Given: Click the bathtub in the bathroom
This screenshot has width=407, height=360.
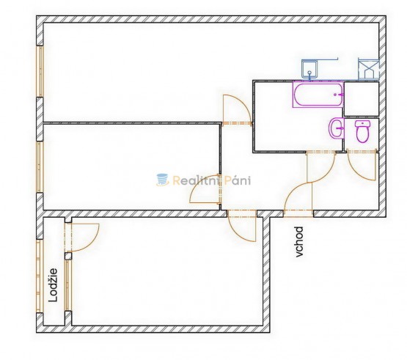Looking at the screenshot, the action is [318, 95].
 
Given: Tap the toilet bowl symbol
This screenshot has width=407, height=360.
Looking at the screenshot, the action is [362, 131].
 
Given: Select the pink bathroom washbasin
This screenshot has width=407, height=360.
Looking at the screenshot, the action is [337, 128].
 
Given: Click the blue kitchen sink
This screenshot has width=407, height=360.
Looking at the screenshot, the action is [309, 69].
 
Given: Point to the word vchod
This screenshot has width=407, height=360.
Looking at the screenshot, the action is [299, 242].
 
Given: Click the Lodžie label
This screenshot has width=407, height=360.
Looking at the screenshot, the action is [54, 285].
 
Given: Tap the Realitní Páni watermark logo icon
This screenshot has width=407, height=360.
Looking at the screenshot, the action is [163, 180].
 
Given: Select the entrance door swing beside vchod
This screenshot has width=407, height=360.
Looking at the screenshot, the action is [298, 196].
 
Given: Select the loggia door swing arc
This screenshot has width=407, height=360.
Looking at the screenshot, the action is [93, 241].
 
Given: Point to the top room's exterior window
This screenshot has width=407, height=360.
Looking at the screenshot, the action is [40, 71].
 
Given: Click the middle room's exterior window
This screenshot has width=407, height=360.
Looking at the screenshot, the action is [40, 167].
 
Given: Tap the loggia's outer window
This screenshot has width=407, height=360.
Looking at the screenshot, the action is [39, 276].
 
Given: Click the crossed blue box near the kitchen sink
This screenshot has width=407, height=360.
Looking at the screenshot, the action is [369, 70].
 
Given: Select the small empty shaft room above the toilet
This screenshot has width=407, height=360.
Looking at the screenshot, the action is [362, 99].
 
